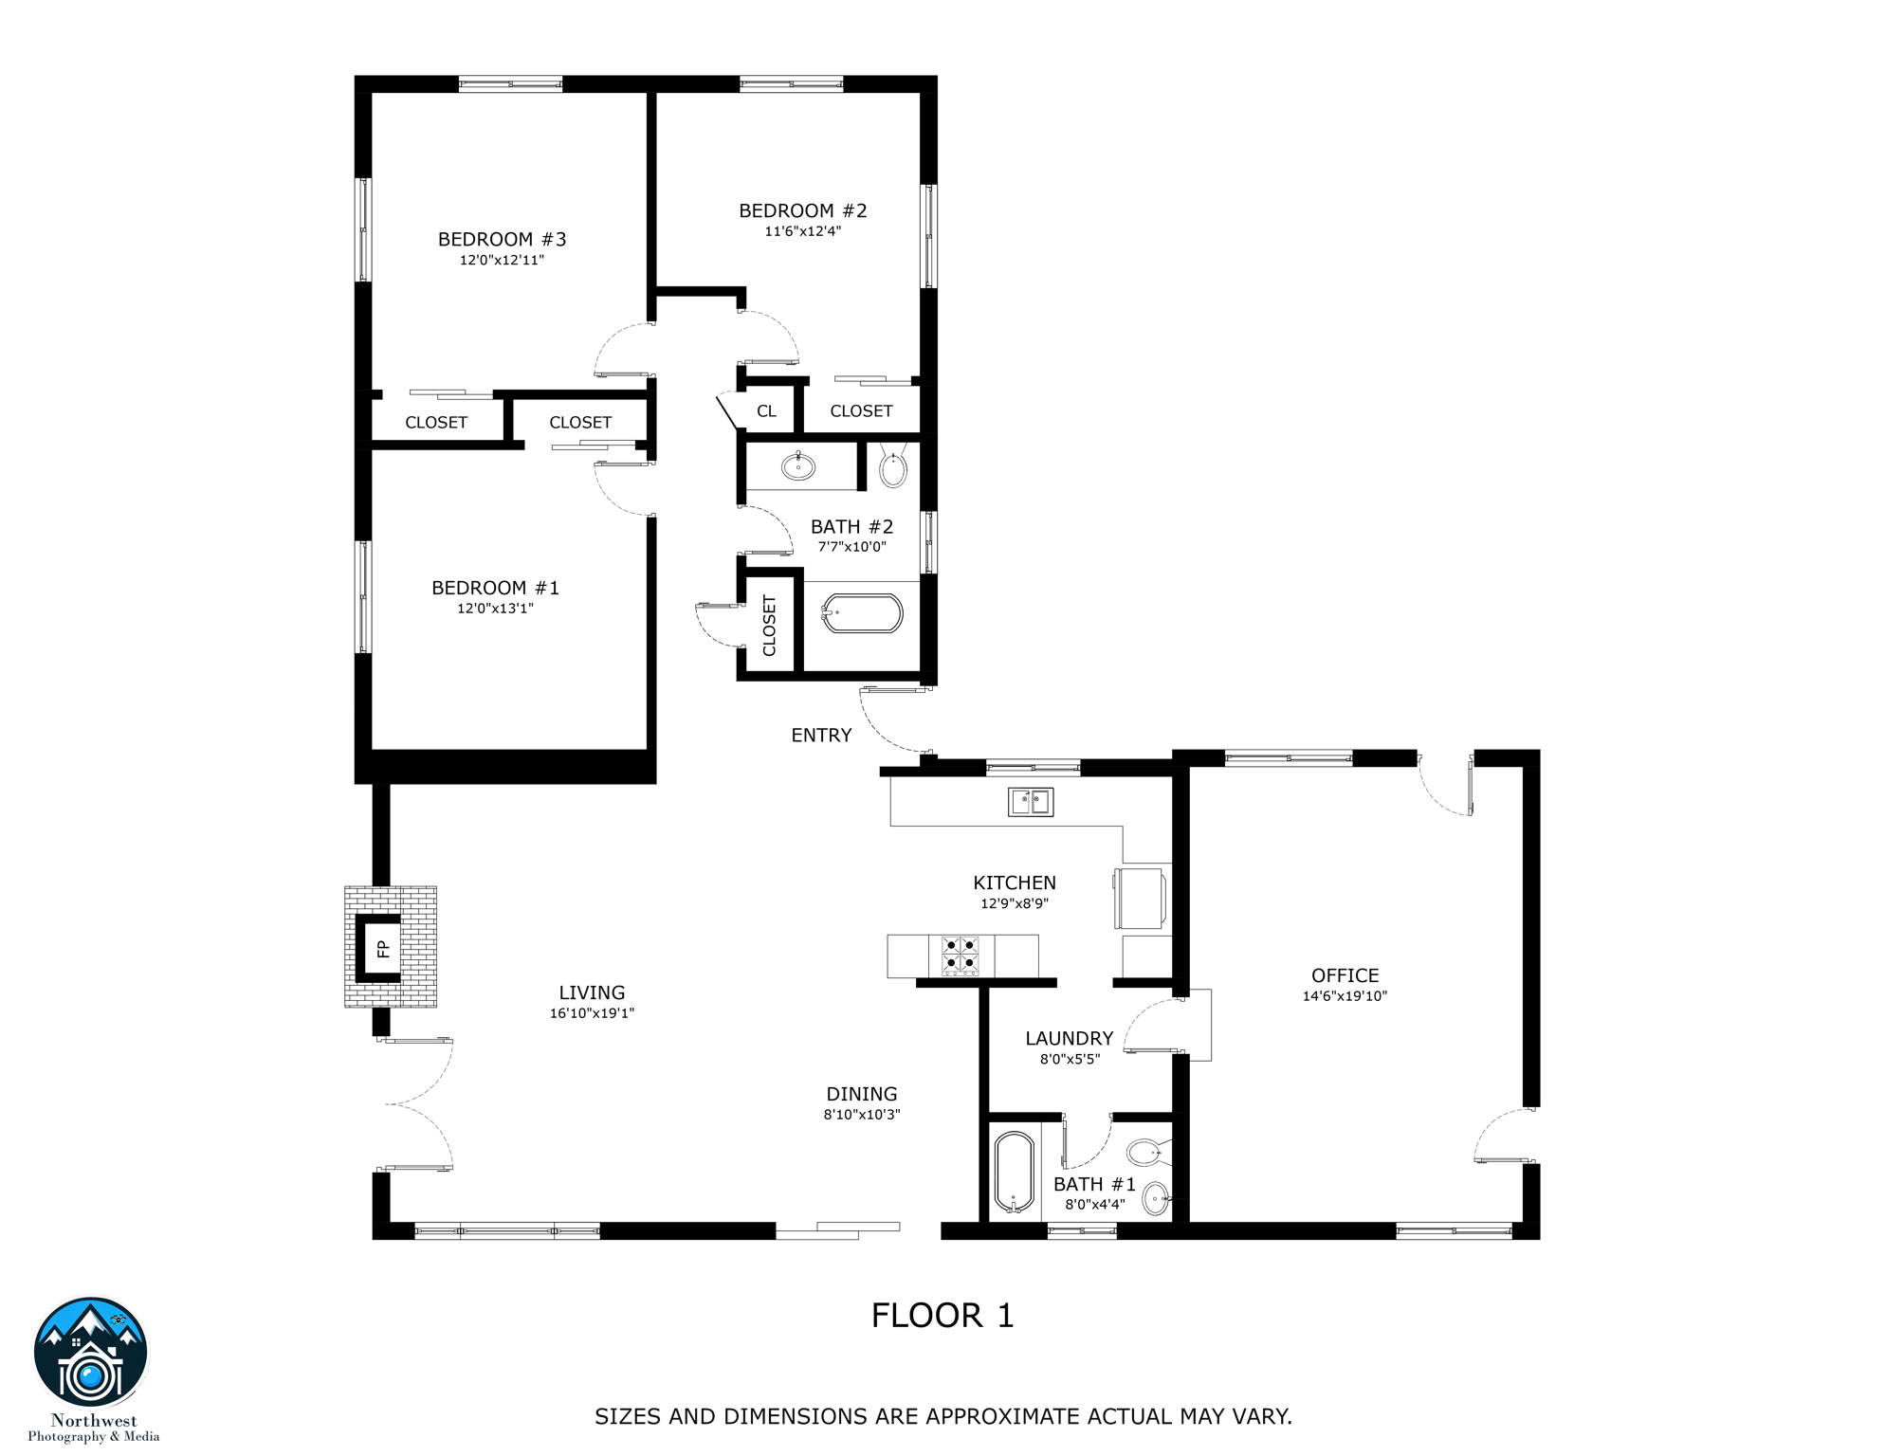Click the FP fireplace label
383,948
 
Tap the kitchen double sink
1030,802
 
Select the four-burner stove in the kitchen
960,955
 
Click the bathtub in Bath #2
862,613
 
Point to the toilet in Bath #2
893,467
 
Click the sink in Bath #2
798,466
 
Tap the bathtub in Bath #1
1015,1173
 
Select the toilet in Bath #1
1145,1154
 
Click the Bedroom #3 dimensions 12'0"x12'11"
502,260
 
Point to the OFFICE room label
1345,975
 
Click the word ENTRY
821,736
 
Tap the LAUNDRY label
1069,1039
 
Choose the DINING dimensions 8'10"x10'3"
861,1115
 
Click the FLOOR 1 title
942,1316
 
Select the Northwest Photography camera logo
91,1353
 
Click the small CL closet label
766,411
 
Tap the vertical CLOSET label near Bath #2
769,626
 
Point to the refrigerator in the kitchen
1141,897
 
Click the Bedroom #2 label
802,210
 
